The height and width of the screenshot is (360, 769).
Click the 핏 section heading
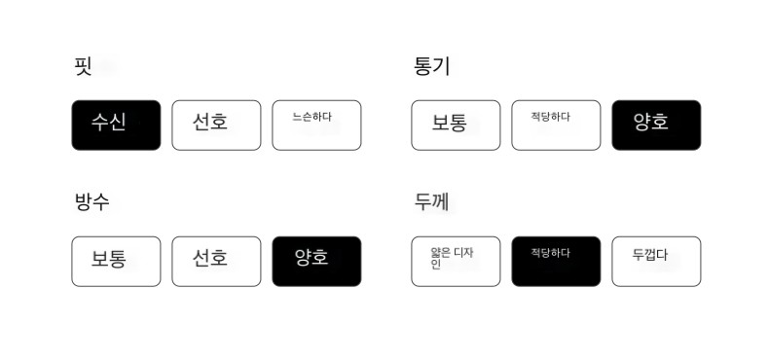click(83, 66)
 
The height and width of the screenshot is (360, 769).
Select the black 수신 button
click(116, 126)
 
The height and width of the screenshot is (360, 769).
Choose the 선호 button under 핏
click(216, 126)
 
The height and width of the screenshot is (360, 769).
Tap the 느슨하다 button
click(316, 126)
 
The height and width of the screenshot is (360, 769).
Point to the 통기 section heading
click(431, 67)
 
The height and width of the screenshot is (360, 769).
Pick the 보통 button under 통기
click(456, 126)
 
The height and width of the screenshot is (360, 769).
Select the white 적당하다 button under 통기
click(556, 126)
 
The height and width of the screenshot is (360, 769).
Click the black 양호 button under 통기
click(656, 126)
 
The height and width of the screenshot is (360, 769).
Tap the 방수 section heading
click(92, 201)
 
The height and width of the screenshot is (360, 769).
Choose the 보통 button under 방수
click(116, 262)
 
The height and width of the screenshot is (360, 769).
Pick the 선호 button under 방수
click(216, 262)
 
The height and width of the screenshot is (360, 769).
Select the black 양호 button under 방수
click(316, 262)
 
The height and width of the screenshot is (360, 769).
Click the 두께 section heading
click(431, 201)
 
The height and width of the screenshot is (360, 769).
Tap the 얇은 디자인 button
click(456, 262)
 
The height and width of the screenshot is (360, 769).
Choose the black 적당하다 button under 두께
click(556, 262)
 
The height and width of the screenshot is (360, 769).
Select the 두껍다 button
click(656, 262)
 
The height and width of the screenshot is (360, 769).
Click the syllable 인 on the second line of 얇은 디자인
click(435, 265)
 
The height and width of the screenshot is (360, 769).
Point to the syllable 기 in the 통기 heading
click(441, 67)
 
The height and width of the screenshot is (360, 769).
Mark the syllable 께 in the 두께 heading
click(441, 201)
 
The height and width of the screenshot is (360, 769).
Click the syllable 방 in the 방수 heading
click(83, 201)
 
